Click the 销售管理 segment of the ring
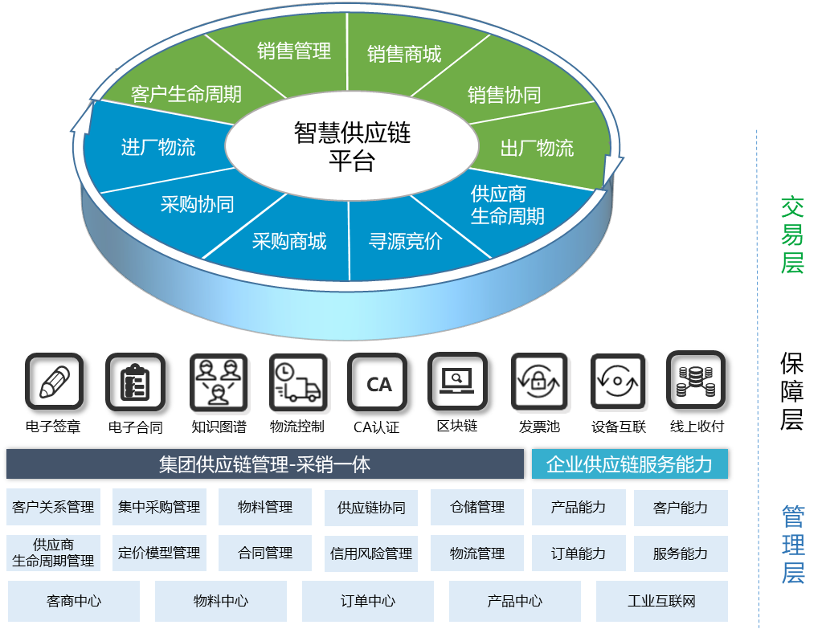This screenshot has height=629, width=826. [294, 51]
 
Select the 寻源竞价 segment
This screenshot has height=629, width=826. [405, 241]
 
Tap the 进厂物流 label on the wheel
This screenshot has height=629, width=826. [158, 147]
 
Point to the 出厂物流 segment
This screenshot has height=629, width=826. [537, 148]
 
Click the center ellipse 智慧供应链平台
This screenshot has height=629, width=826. [352, 145]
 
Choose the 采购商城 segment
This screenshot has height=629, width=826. [289, 241]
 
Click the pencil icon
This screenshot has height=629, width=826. [54, 382]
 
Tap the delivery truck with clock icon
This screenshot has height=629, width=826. [299, 382]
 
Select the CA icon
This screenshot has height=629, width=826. [378, 382]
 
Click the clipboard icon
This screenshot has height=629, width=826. [135, 382]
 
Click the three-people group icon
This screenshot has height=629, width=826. [219, 382]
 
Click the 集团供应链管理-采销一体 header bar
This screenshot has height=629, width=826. [264, 464]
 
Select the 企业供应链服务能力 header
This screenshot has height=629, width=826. [629, 464]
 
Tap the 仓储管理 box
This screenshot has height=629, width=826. [478, 507]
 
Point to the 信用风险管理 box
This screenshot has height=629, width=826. [371, 553]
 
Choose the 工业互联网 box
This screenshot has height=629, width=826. [661, 601]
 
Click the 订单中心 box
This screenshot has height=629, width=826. [368, 601]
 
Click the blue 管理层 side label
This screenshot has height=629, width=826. [793, 544]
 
